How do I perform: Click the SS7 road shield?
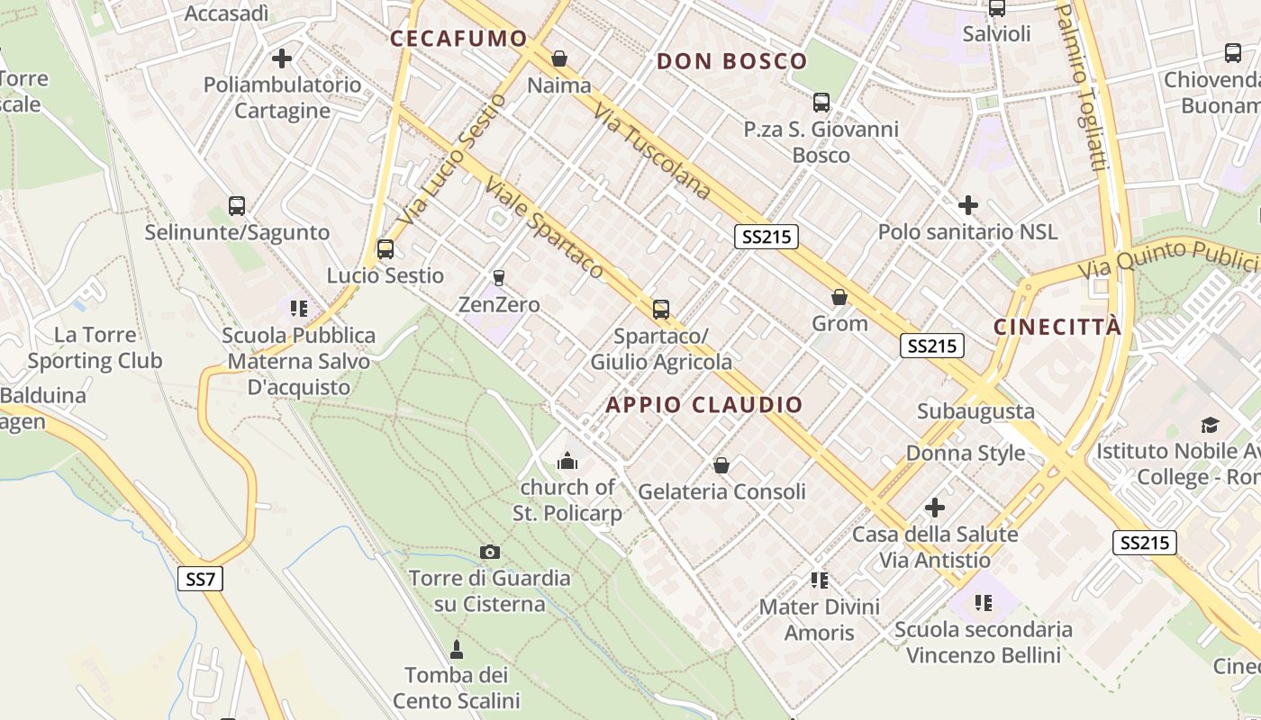pos(199,578)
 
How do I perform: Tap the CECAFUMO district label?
pos(458,39)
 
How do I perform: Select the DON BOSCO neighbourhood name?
pos(731,61)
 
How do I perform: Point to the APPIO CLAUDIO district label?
pos(703,405)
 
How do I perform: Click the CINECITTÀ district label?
pos(1057,327)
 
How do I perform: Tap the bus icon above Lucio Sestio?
pos(386,249)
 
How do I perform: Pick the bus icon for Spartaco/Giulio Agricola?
pos(661,310)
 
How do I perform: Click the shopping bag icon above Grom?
pos(839,296)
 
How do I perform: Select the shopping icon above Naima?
pos(559,58)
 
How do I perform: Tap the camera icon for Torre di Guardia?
pos(490,552)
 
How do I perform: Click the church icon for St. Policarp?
pos(567,462)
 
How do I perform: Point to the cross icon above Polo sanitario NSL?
pos(967,205)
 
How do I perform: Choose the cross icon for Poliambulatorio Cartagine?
pos(282,58)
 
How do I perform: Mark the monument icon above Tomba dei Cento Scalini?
pos(457,649)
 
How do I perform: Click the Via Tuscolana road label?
pos(653,151)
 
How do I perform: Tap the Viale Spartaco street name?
pos(544,227)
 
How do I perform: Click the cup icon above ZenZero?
pos(498,278)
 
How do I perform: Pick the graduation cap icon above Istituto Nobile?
pos(1210,425)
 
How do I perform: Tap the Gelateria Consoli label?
pos(721,492)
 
